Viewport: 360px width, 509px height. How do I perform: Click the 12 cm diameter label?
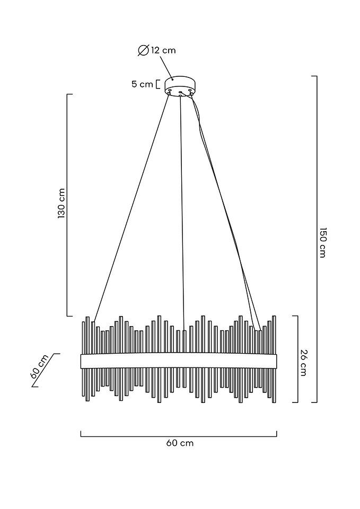tap(163, 50)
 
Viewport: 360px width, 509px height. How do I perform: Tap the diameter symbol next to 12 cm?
tap(143, 50)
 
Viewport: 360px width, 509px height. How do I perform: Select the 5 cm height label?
tap(142, 84)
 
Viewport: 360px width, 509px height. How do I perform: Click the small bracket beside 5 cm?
tap(158, 84)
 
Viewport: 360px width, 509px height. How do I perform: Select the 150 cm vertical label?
tap(322, 242)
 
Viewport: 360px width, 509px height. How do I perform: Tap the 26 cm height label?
tap(303, 363)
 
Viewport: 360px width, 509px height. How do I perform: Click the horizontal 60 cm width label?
tap(180, 443)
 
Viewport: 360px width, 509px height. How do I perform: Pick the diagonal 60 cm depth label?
tap(40, 366)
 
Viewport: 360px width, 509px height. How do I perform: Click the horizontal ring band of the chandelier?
tap(179, 361)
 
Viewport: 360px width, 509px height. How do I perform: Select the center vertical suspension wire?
tap(182, 212)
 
